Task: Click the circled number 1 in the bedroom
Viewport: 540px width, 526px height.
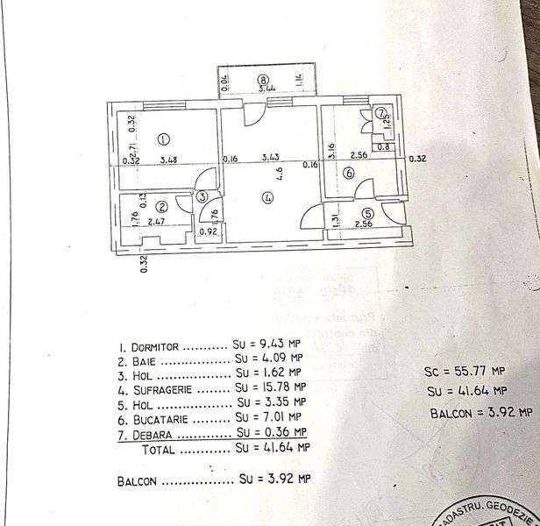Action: [x=162, y=139]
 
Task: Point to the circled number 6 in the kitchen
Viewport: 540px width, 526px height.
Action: [x=349, y=174]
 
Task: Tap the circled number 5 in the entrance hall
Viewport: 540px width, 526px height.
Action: [x=367, y=212]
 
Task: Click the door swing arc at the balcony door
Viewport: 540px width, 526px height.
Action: [x=252, y=112]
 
